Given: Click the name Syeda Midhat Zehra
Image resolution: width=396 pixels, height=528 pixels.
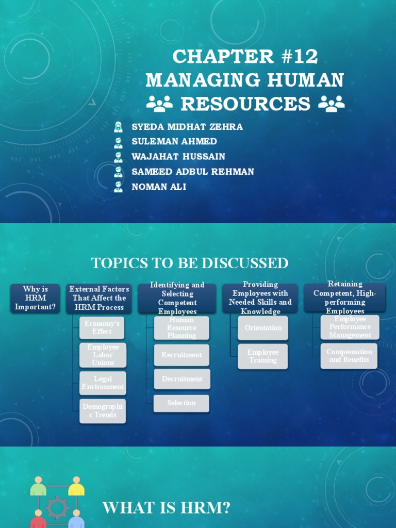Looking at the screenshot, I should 187,127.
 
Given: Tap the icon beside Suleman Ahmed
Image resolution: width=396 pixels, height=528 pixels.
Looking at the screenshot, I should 119,142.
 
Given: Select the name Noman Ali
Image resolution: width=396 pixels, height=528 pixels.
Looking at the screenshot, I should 159,187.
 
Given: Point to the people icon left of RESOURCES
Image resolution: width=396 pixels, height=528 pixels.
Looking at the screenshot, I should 159,104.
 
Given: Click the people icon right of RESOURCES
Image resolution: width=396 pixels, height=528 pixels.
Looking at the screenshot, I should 331,104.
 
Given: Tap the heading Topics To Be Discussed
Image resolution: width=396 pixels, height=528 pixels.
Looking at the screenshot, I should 190,263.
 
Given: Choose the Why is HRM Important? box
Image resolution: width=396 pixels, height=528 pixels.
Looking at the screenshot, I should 35,298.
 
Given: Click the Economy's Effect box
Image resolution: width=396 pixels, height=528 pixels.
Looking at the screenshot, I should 102,327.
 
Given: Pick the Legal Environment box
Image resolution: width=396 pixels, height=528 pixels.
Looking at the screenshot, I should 103,383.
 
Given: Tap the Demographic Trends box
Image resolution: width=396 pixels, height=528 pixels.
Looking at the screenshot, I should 103,411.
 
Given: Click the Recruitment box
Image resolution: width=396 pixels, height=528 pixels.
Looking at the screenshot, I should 181,355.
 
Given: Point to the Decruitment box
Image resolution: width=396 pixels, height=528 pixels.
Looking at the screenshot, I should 181,379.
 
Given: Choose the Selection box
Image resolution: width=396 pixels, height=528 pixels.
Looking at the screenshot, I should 181,403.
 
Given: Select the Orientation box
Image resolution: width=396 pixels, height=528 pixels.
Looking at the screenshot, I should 263,328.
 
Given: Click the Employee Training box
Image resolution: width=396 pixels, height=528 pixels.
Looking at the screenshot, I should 263,356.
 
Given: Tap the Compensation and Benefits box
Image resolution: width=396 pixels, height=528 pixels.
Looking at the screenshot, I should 349,356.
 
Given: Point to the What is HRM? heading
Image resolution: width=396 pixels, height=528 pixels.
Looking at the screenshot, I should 166,508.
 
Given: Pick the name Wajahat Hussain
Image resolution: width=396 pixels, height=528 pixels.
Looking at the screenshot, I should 178,157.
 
